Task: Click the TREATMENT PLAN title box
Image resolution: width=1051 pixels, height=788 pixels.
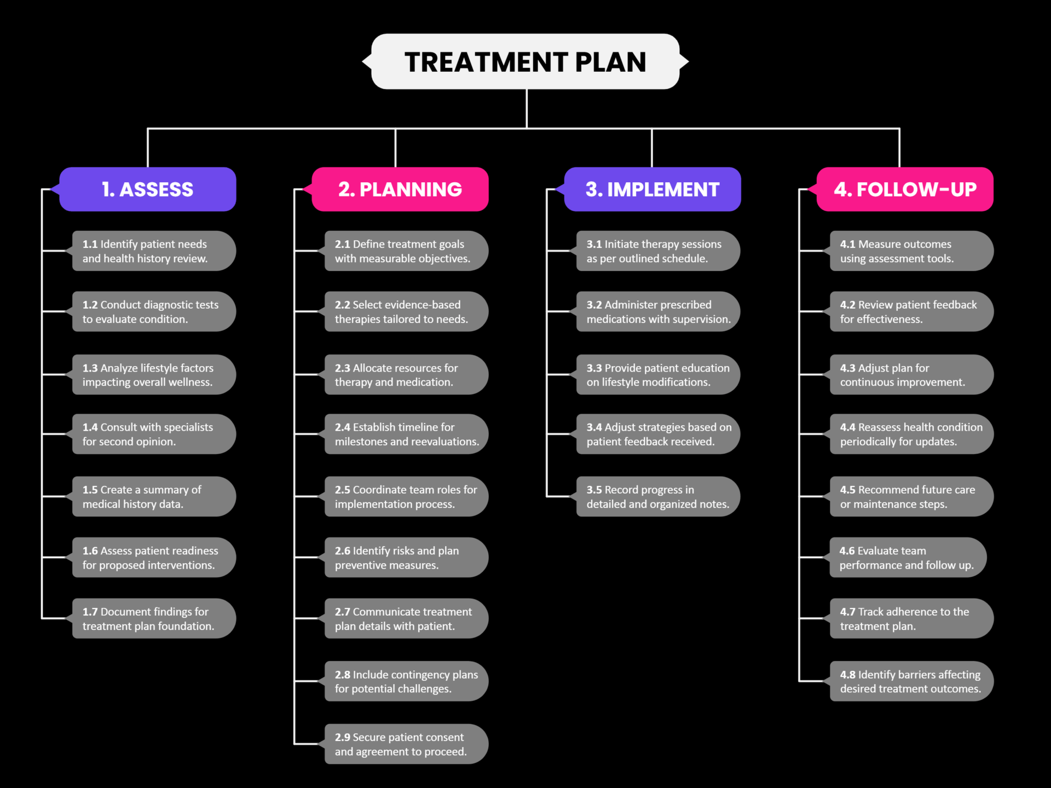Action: point(525,61)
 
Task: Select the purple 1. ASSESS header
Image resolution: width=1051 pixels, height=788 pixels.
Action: point(148,189)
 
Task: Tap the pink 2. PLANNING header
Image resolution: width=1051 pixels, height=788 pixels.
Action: point(400,189)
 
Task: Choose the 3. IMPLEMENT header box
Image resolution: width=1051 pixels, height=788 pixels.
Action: point(652,189)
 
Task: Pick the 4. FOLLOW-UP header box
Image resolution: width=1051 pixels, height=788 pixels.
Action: point(905,189)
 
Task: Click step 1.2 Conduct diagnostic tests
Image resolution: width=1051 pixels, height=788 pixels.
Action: point(153,311)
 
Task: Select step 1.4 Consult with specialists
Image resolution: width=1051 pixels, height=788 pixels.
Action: point(153,434)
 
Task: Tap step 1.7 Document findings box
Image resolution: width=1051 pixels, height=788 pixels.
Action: point(153,618)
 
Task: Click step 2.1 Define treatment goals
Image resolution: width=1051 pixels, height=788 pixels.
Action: point(406,251)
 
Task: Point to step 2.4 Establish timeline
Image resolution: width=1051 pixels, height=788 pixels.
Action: point(406,434)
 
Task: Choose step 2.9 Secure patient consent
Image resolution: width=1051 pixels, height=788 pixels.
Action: point(406,744)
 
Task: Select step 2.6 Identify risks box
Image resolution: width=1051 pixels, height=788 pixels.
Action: point(406,558)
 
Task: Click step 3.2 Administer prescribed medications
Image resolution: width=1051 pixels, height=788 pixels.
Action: point(658,311)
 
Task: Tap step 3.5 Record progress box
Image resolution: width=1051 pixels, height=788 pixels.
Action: point(658,496)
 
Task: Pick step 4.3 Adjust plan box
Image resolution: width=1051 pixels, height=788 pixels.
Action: point(911,375)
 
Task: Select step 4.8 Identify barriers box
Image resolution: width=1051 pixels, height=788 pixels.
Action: point(911,681)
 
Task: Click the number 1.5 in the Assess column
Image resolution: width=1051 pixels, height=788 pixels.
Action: point(90,490)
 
